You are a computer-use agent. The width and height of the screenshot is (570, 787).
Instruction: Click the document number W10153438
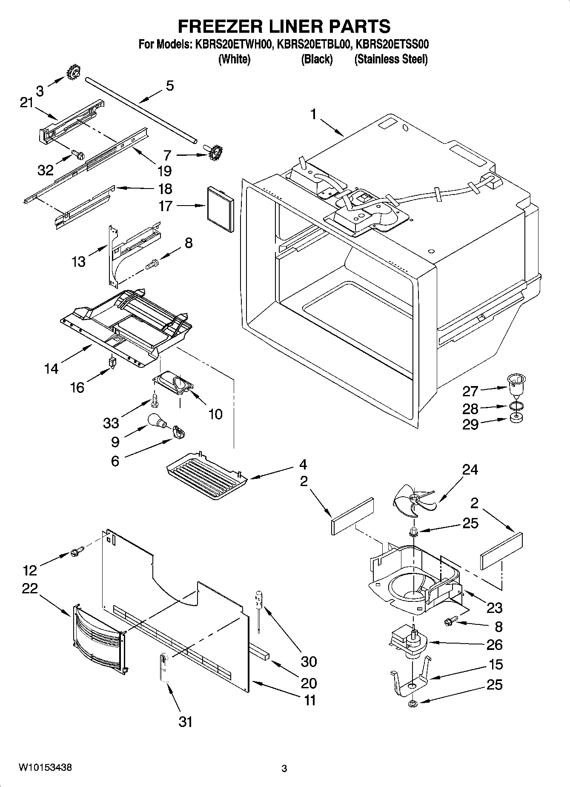[x=45, y=768]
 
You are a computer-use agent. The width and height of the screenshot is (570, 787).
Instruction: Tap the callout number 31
[x=185, y=721]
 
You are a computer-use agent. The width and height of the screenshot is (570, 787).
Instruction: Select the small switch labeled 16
[x=113, y=363]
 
